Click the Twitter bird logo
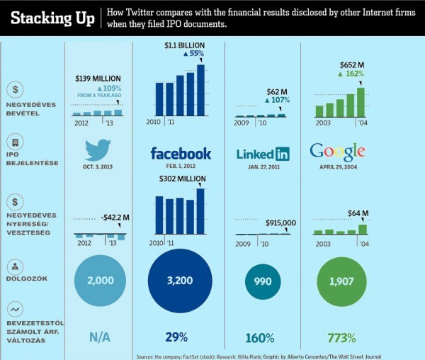point(98,150)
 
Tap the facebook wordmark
point(181,154)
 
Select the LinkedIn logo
point(263,154)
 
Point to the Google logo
point(337,152)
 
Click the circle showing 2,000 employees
point(100,281)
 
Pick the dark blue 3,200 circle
point(181,281)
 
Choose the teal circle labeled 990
point(262,281)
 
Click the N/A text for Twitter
point(99,337)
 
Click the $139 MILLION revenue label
point(98,79)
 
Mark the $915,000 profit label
point(280,223)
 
